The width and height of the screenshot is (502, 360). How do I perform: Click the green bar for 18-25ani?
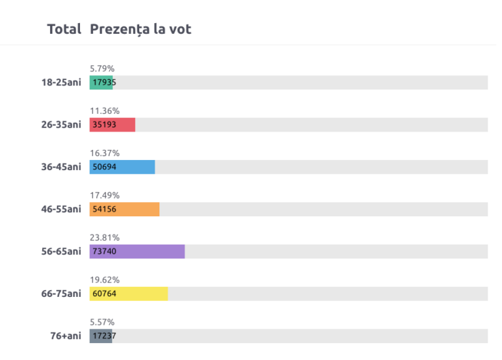click(101, 83)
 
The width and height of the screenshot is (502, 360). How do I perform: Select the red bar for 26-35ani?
click(113, 125)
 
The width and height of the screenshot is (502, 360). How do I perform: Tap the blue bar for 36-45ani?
click(122, 167)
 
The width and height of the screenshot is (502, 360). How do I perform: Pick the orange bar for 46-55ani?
click(124, 209)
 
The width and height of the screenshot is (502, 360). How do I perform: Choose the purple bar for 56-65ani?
click(137, 252)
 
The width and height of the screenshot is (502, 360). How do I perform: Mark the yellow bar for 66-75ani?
click(129, 294)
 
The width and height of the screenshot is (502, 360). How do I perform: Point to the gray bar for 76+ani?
click(100, 336)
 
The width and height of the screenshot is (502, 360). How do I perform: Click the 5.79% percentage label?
click(102, 68)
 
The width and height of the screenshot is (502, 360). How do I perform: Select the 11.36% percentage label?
click(104, 111)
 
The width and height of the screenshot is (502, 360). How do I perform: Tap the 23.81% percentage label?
click(104, 237)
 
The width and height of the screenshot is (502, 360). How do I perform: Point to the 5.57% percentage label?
click(102, 322)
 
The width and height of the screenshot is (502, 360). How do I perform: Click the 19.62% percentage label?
click(104, 279)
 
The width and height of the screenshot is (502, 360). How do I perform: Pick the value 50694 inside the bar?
click(104, 167)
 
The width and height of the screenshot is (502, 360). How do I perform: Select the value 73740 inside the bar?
click(104, 252)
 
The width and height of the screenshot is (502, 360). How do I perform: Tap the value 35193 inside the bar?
click(104, 125)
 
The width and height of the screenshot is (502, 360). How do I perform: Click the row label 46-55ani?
click(61, 209)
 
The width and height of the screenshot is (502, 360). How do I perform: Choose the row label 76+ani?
click(65, 336)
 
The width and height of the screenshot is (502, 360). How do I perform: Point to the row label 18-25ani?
click(61, 83)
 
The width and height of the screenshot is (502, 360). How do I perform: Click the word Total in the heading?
click(64, 30)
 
